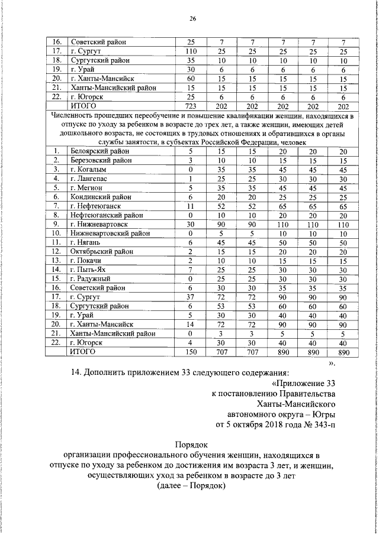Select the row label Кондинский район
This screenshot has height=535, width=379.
click(100, 197)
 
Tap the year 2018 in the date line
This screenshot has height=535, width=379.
click(269, 425)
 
